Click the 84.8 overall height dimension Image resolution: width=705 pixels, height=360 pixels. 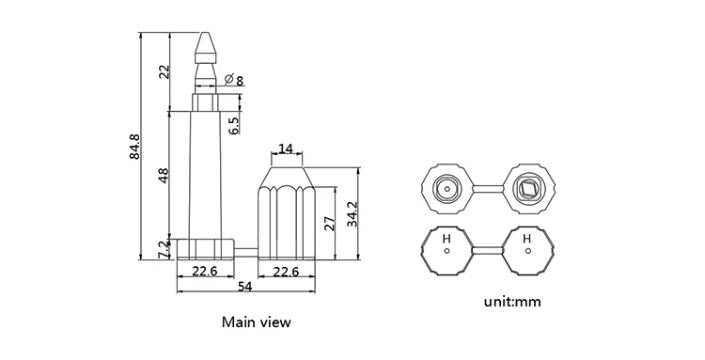click(134, 147)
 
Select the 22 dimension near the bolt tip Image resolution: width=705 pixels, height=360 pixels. click(164, 70)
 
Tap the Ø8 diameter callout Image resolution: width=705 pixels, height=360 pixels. click(234, 82)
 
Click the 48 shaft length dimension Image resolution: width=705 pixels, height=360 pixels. click(164, 175)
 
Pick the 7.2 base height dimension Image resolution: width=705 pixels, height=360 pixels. click(164, 249)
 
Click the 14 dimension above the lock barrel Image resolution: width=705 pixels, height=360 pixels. click(286, 149)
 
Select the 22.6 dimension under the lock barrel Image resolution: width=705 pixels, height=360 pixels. click(286, 272)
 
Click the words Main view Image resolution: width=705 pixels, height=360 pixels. click(256, 321)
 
